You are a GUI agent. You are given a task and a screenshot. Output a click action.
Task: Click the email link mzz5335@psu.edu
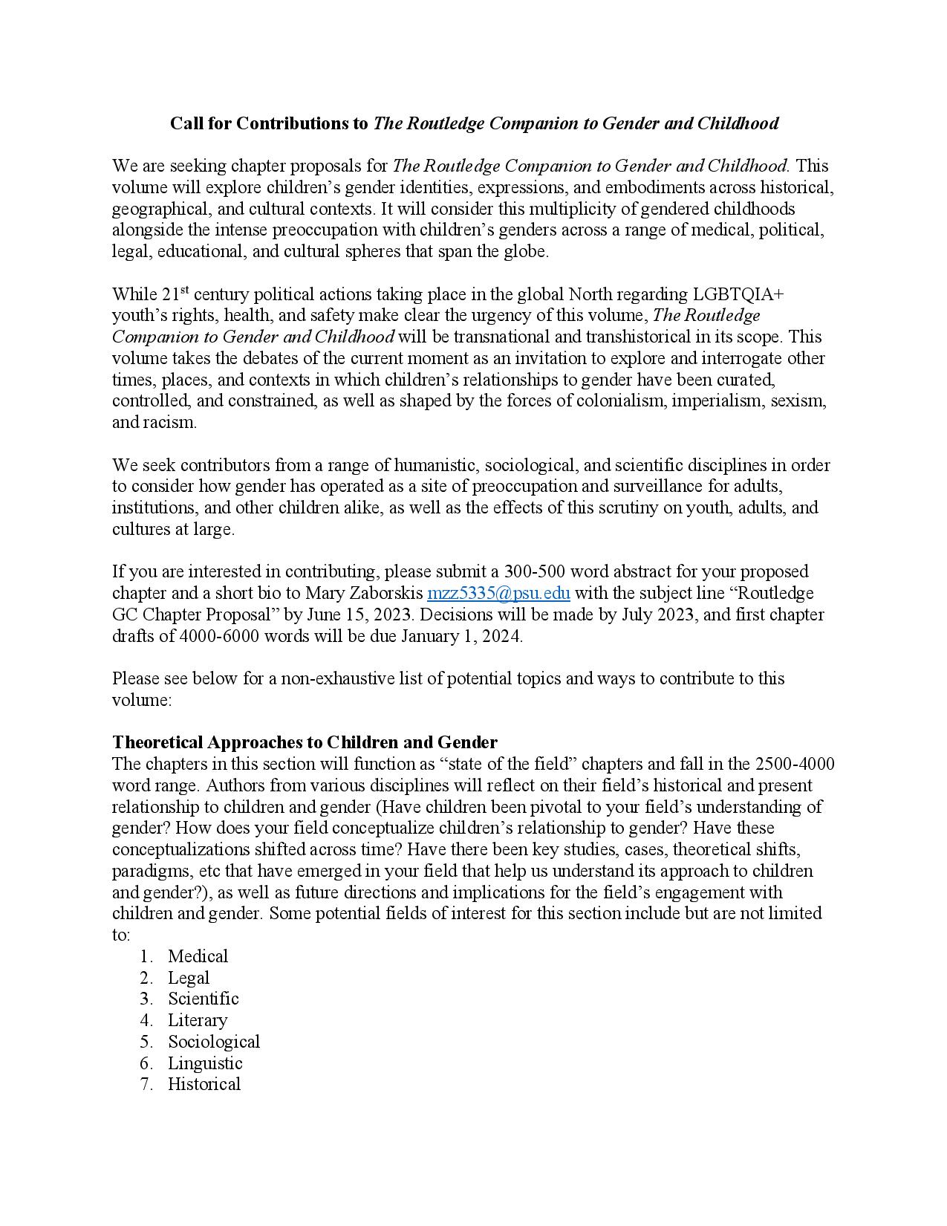point(498,593)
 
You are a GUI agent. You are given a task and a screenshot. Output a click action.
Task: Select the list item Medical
point(198,956)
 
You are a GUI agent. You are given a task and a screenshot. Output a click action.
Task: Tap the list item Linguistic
point(205,1063)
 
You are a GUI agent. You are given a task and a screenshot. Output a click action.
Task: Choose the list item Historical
point(204,1084)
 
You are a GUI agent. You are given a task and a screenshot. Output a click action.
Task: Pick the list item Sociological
point(214,1042)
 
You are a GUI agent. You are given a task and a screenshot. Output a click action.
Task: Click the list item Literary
point(198,1020)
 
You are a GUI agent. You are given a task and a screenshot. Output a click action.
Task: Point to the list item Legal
point(189,978)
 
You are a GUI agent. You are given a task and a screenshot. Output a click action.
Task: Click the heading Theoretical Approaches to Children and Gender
point(305,742)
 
